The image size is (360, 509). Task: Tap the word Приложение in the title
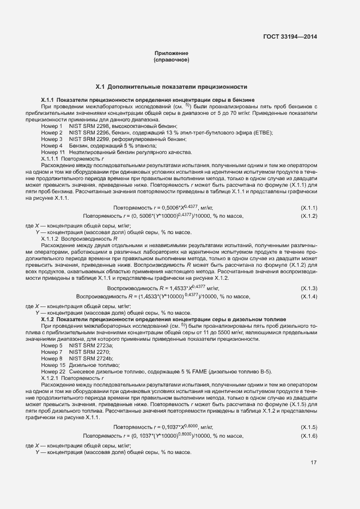(x=172, y=53)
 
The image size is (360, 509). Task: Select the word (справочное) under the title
(x=172, y=59)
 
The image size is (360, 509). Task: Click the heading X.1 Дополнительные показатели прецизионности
(x=172, y=87)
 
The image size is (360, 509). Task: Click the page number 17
(x=314, y=463)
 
